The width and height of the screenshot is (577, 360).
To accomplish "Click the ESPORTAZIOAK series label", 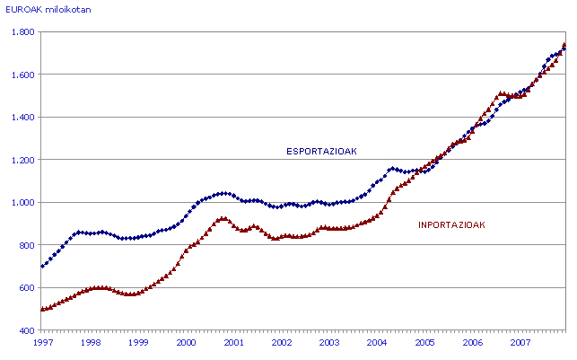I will pyautogui.click(x=320, y=152).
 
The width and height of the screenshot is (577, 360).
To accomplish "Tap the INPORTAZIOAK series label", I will pyautogui.click(x=451, y=225).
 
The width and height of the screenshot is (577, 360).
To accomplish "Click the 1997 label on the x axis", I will pyautogui.click(x=41, y=344).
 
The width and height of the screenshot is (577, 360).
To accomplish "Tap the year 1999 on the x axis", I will pyautogui.click(x=138, y=344).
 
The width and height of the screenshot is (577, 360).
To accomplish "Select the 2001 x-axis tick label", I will pyautogui.click(x=233, y=344).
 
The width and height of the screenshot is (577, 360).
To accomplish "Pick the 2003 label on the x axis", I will pyautogui.click(x=329, y=344).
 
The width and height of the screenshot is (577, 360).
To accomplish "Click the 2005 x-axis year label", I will pyautogui.click(x=424, y=344).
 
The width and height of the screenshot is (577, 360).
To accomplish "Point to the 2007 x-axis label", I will pyautogui.click(x=520, y=344).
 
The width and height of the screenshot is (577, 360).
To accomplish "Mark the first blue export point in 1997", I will pyautogui.click(x=42, y=267).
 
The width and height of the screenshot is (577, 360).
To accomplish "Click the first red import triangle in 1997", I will pyautogui.click(x=42, y=309).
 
